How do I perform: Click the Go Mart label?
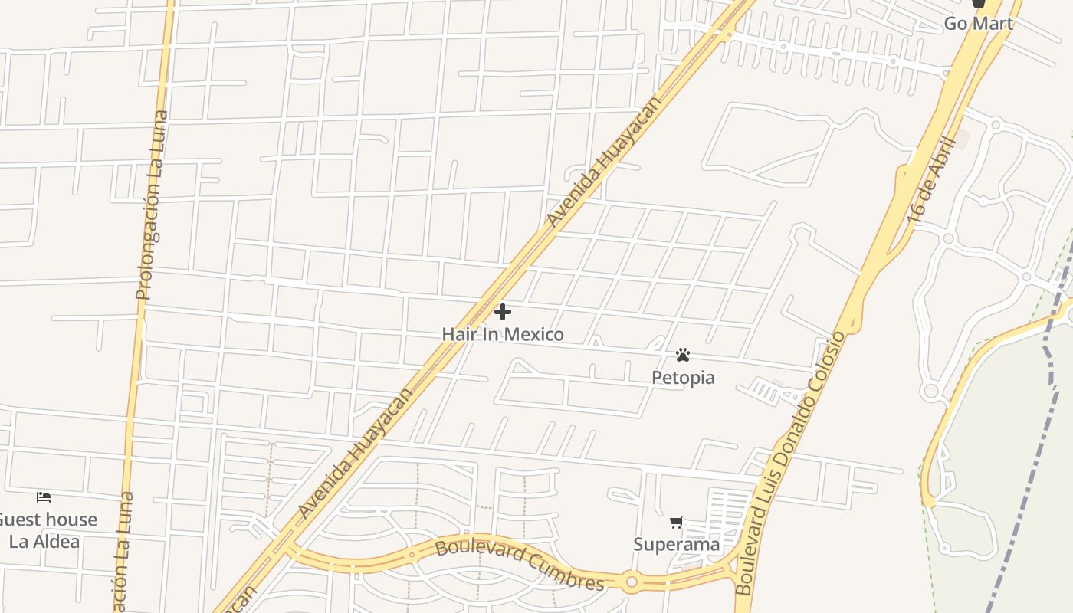[978, 24]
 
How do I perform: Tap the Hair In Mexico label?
[503, 334]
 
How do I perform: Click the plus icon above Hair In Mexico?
[503, 312]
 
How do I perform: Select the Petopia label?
[683, 377]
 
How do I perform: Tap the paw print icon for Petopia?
[683, 355]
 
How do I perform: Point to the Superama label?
[677, 544]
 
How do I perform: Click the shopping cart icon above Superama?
[676, 523]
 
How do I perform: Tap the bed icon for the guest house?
[44, 497]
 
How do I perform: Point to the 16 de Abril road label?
[930, 181]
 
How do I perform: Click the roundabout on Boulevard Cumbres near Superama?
[632, 582]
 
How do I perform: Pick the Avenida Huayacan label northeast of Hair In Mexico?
[603, 162]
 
